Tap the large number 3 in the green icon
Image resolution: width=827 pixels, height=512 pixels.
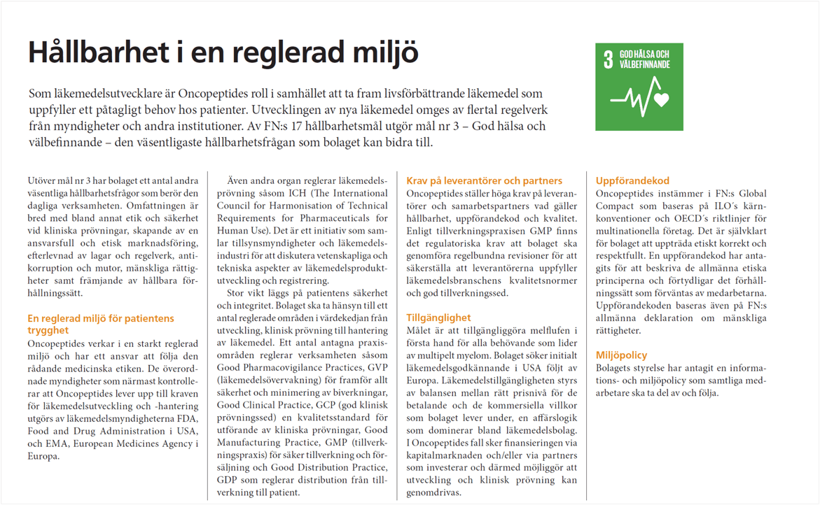pyautogui.click(x=608, y=60)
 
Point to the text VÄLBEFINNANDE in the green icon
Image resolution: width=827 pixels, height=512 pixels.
pyautogui.click(x=645, y=64)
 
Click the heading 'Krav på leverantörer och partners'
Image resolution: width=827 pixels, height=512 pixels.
pyautogui.click(x=484, y=180)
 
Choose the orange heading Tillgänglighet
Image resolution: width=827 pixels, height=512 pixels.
pyautogui.click(x=438, y=318)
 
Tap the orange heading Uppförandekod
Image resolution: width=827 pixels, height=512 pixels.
pyautogui.click(x=632, y=180)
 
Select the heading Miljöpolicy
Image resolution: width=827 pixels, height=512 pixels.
pyautogui.click(x=621, y=355)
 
